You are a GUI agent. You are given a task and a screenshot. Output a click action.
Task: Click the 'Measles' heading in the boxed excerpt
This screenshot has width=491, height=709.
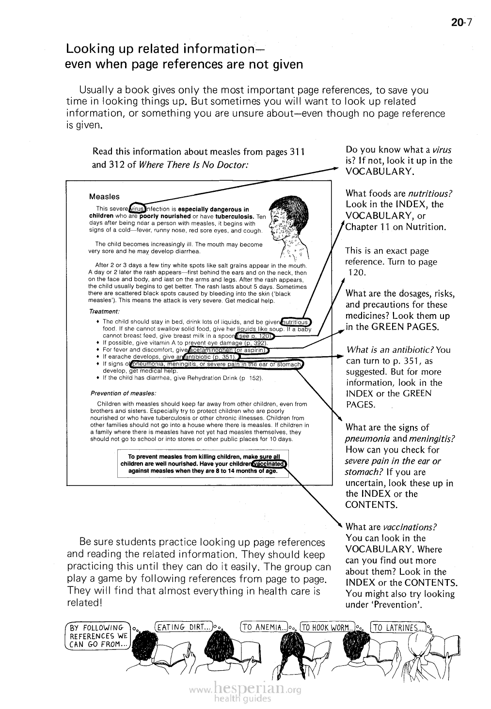pos(104,197)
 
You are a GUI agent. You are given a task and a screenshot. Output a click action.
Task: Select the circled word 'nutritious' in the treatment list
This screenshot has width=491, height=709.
pos(296,322)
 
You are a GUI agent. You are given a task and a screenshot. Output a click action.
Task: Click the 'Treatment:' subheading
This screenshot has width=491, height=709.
pos(104,311)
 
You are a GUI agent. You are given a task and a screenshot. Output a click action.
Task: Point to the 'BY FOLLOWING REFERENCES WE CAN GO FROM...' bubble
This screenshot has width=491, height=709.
pos(97,636)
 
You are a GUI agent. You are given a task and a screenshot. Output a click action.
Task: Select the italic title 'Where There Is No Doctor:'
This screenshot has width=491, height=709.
pos(193,164)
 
